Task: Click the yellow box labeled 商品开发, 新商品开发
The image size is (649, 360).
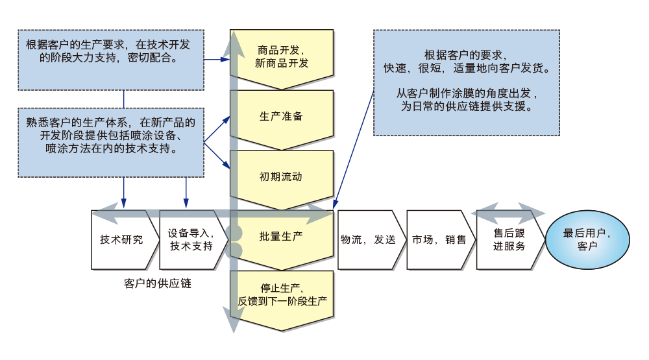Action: [282, 57]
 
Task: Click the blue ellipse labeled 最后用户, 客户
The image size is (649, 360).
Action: [588, 239]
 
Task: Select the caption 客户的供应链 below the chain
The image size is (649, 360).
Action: [157, 283]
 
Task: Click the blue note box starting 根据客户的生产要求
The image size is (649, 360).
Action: [111, 60]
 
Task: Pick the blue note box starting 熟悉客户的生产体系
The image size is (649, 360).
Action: [111, 143]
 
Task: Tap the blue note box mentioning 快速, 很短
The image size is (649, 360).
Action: [467, 83]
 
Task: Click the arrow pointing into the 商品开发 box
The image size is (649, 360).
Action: [217, 60]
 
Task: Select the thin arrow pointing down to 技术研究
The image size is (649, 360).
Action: [124, 193]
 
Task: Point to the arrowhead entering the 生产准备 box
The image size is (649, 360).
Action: [227, 119]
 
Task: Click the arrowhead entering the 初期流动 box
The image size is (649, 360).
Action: [227, 165]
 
